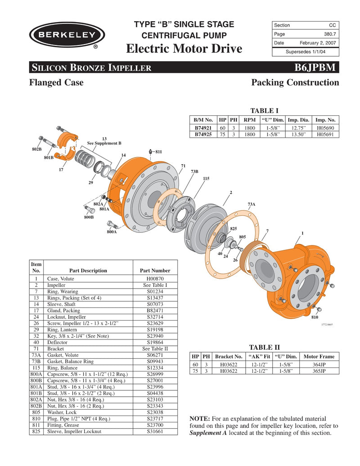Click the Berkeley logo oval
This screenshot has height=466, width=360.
67,35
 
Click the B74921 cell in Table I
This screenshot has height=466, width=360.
203,128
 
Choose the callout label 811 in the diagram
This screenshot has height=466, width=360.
159,152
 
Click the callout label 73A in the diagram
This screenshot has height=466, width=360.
252,204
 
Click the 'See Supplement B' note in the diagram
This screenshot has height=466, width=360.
104,143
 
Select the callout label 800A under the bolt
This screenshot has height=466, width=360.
112,232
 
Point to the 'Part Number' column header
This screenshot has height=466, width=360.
155,271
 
